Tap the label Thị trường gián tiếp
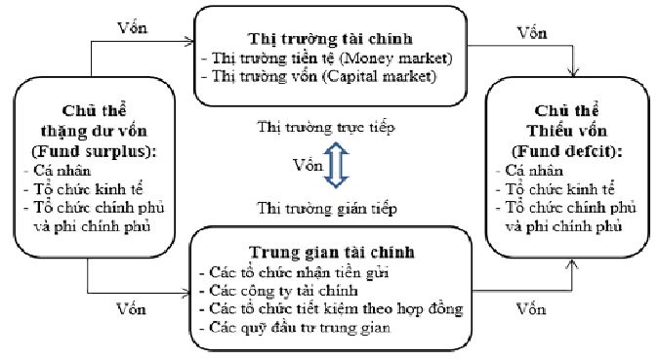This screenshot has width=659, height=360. pyautogui.click(x=328, y=207)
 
